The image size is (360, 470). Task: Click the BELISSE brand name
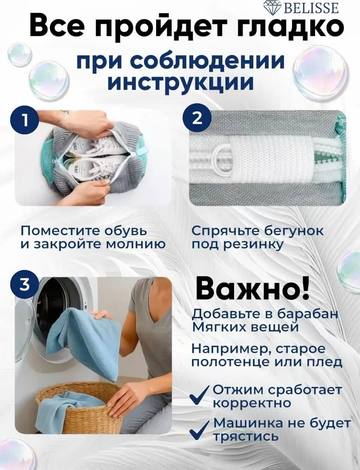coord(311,8)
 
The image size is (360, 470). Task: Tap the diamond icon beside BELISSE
coord(272,8)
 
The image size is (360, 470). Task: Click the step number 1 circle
coord(25,121)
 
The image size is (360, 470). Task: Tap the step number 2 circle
coord(197,118)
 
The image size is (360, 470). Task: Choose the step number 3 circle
coord(25,284)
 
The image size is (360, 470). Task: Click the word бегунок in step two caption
coord(294,231)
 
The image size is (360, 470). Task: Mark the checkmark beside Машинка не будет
coord(199,429)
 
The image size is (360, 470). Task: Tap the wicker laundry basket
coord(75,406)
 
